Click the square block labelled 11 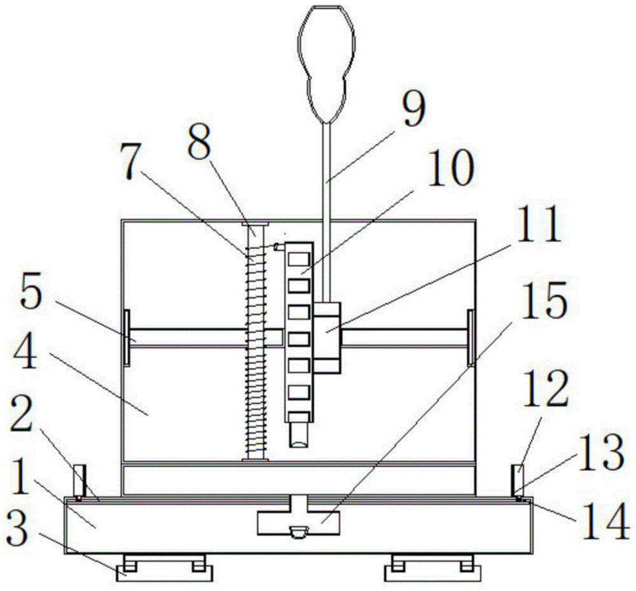tap(327, 336)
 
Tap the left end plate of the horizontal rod tap(127, 337)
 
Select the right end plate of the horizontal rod tap(471, 337)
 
